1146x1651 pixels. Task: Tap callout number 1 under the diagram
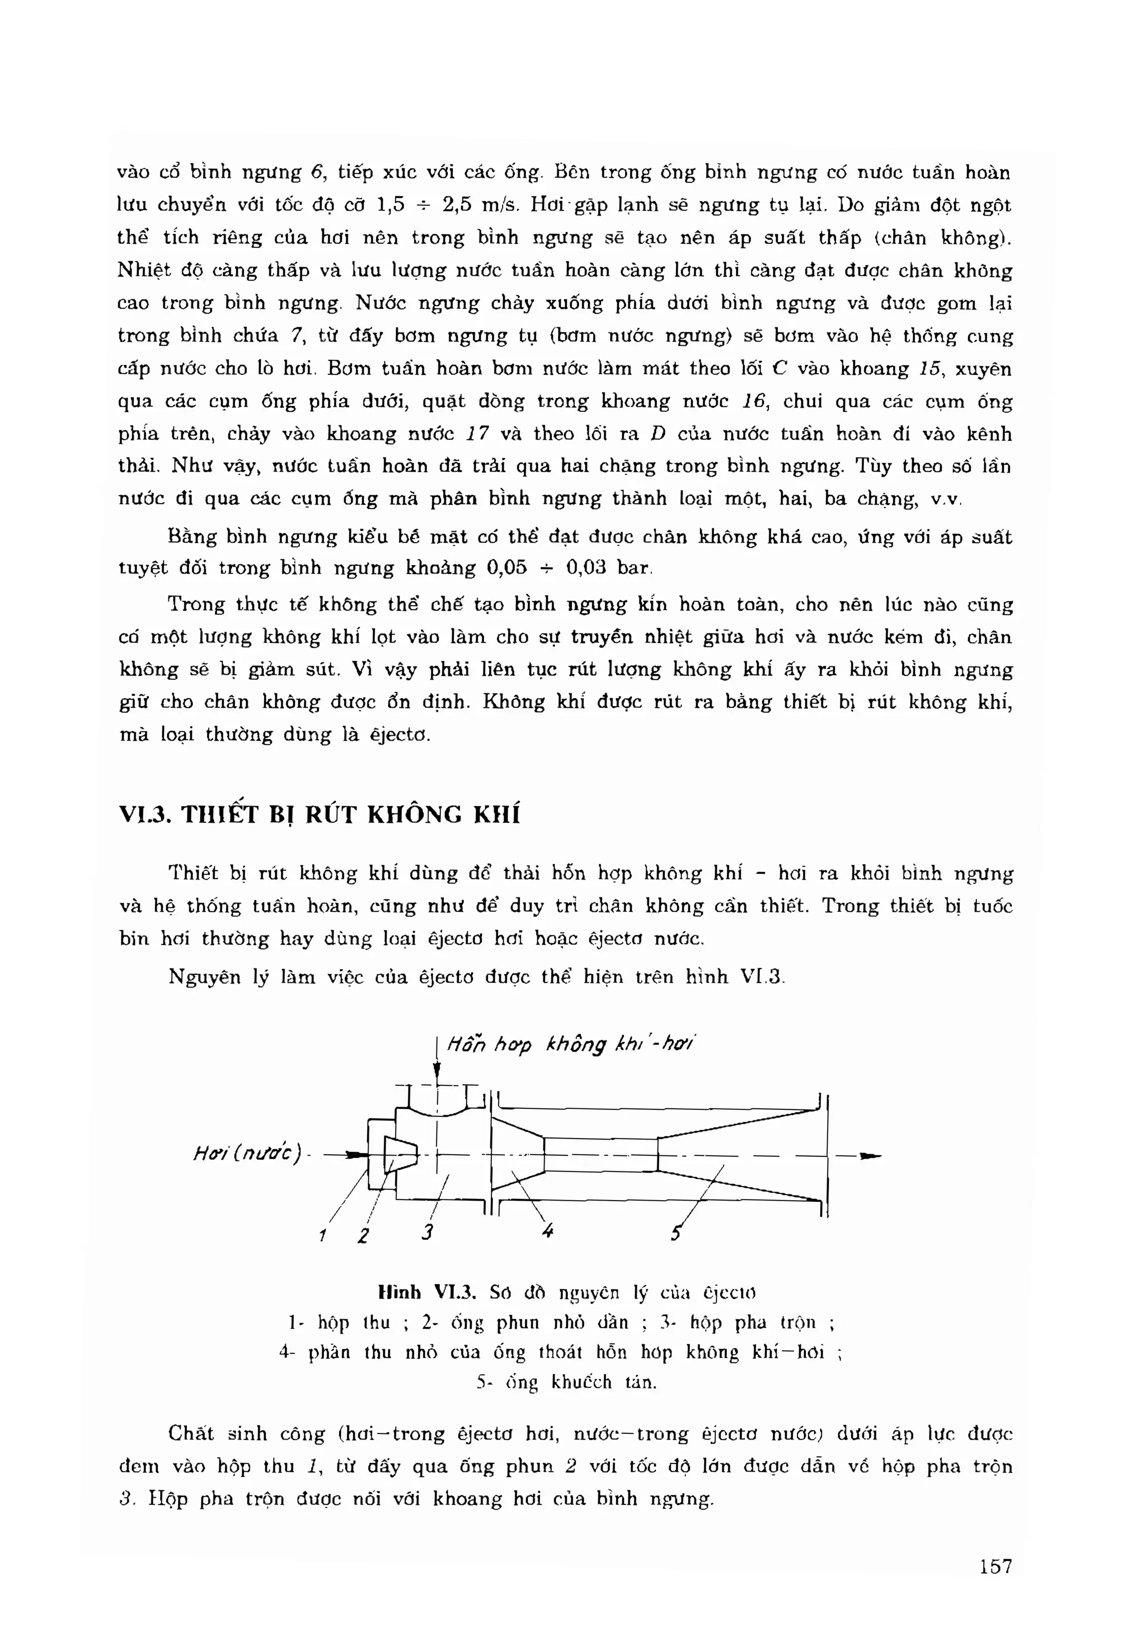pyautogui.click(x=323, y=1235)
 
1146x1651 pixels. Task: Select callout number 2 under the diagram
pyautogui.click(x=363, y=1235)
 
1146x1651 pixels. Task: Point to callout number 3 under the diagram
pyautogui.click(x=428, y=1233)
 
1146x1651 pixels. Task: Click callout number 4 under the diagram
pyautogui.click(x=548, y=1231)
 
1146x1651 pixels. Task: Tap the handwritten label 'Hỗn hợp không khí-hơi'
pyautogui.click(x=571, y=1045)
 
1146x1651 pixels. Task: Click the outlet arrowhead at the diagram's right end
pyautogui.click(x=870, y=1156)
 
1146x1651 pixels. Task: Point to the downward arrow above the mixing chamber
pyautogui.click(x=437, y=1073)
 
